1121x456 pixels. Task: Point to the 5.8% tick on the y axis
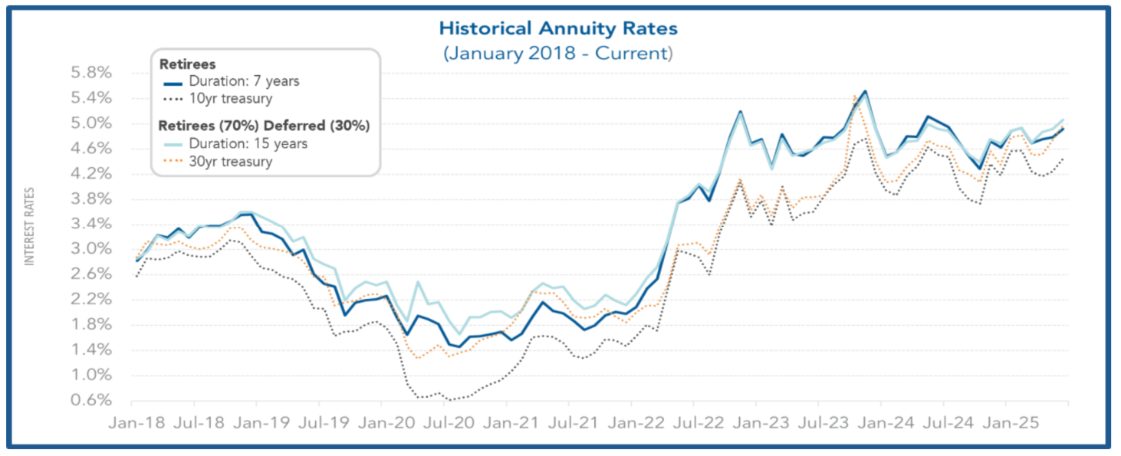click(91, 74)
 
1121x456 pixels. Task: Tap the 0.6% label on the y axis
click(91, 401)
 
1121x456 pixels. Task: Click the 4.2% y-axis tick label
click(91, 174)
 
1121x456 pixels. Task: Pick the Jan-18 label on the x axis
click(132, 422)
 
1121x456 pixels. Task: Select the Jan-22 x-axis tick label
click(631, 422)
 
